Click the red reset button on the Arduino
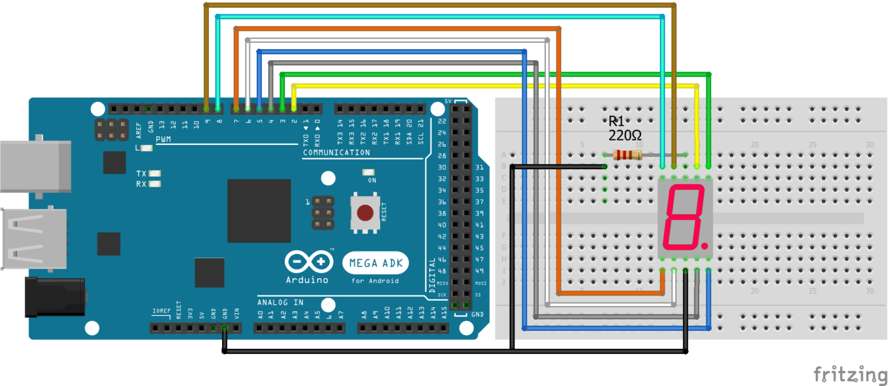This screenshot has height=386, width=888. [366, 212]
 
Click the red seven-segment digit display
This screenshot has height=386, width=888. [685, 217]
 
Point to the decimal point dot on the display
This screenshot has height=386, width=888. [704, 245]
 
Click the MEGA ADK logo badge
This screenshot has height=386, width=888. [375, 263]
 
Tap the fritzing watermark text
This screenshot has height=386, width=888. [850, 374]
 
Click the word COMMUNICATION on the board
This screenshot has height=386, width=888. [336, 153]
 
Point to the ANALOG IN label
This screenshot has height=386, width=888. [280, 303]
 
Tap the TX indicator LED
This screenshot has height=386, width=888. [155, 173]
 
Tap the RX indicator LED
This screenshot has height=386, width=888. [155, 184]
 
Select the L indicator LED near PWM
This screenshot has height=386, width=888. [146, 148]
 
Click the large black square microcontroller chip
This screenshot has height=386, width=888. [259, 211]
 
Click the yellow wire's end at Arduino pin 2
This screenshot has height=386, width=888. [294, 109]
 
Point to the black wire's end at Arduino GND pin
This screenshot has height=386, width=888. [224, 327]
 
